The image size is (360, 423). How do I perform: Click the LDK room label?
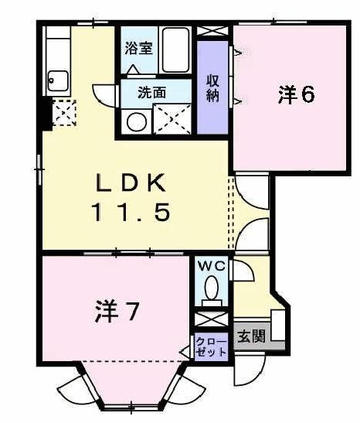click(x=131, y=183)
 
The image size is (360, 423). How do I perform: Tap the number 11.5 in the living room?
click(x=131, y=211)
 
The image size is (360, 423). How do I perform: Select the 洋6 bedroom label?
click(x=296, y=95)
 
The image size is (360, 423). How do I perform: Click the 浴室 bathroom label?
click(x=139, y=47)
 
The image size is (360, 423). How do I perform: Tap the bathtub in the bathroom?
click(x=176, y=49)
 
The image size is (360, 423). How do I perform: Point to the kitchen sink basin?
click(x=57, y=80)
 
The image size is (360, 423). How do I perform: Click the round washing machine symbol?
click(x=137, y=121)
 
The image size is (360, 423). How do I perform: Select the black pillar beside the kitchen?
click(x=45, y=114)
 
